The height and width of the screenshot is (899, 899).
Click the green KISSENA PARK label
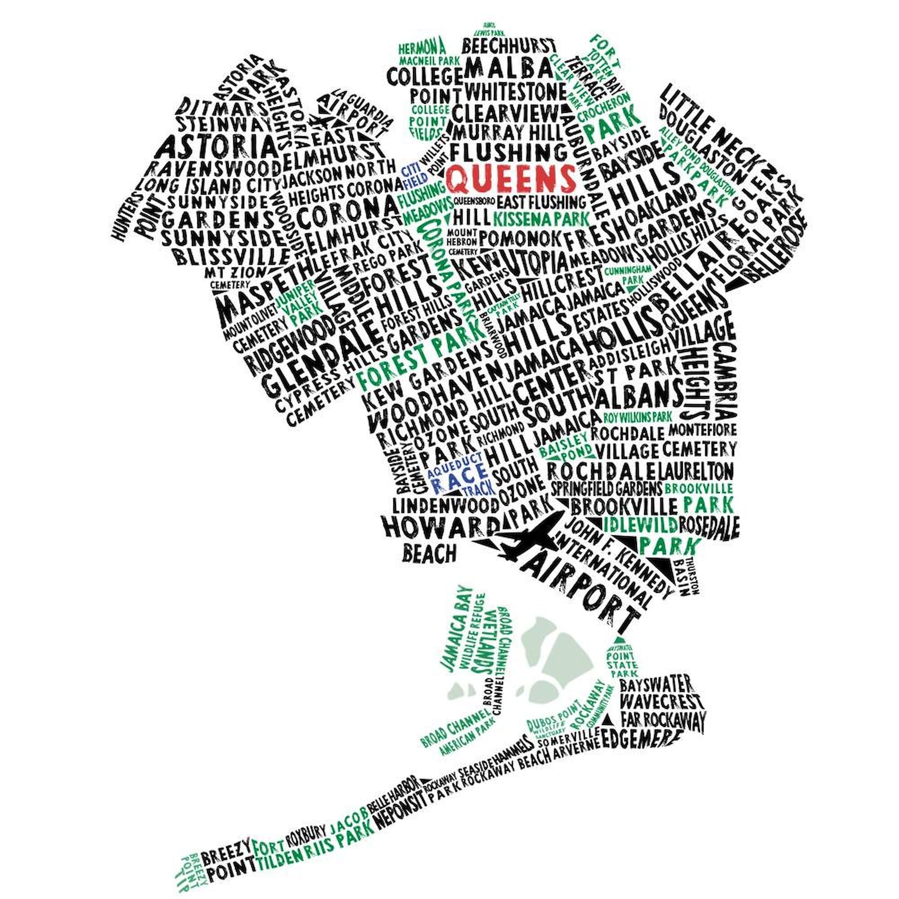tap(541, 218)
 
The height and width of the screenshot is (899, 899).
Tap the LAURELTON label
tap(697, 471)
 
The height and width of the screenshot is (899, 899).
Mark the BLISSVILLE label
tap(231, 256)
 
